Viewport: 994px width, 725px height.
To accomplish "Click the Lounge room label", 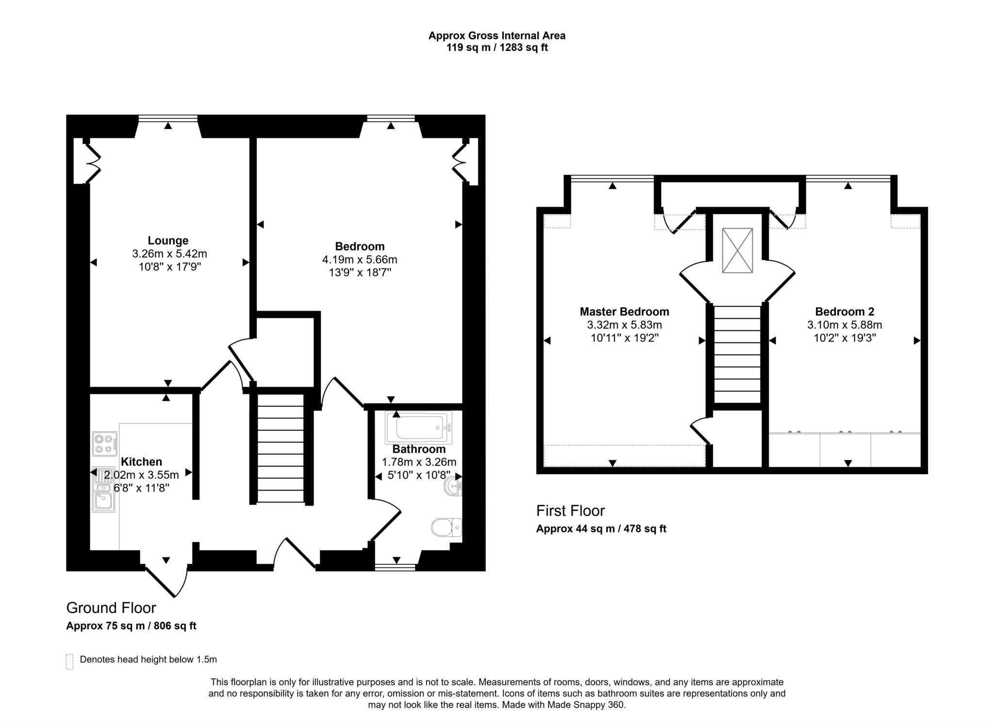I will click(x=168, y=241).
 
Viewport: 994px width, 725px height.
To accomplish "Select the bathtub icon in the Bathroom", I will click(x=418, y=428).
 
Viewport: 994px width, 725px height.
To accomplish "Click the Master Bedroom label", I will click(x=624, y=312).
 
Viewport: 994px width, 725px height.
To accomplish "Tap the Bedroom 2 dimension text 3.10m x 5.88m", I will click(x=845, y=325).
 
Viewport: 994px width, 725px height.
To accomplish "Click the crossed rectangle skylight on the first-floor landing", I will click(x=737, y=250).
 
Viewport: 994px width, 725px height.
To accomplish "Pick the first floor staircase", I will click(x=737, y=354).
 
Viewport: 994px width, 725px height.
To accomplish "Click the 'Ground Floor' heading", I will click(x=111, y=608).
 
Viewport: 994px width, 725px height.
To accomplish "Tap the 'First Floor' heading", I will click(x=570, y=511).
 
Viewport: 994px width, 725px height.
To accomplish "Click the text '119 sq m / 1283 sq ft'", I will click(x=497, y=48).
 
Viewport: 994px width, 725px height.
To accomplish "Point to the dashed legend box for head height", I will click(x=69, y=661).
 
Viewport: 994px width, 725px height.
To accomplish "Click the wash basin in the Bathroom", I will click(x=453, y=485).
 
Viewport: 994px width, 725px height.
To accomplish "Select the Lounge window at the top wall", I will click(x=168, y=118).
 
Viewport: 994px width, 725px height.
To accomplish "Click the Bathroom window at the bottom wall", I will click(x=396, y=567).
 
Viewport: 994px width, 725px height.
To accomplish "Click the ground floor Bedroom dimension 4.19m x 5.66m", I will click(x=360, y=260).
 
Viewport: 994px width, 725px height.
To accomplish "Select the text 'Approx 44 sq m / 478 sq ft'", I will click(x=601, y=529).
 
